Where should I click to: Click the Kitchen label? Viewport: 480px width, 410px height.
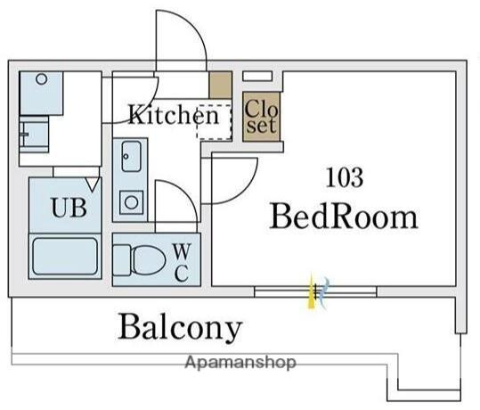point(174,115)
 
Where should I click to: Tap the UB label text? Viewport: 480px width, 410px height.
point(69,208)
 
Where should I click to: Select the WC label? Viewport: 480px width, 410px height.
point(182,262)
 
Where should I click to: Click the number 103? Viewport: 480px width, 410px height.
point(345,177)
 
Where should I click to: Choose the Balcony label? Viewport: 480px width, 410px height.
point(180,327)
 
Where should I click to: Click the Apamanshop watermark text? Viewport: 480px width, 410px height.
point(240,363)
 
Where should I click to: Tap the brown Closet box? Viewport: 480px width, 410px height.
point(262,117)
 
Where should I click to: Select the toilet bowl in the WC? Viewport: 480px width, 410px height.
point(149,260)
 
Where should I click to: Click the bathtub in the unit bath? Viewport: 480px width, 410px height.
point(65,256)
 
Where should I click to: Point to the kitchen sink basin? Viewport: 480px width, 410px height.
point(132,156)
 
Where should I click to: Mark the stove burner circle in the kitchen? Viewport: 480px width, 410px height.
point(132,202)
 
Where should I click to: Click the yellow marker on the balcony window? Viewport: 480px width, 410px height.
point(312,291)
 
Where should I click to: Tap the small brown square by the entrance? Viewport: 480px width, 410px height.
point(221,85)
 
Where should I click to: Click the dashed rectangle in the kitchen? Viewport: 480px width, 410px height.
point(214,122)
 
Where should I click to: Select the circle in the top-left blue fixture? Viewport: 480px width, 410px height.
point(42,79)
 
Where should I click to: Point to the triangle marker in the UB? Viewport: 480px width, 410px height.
point(93,184)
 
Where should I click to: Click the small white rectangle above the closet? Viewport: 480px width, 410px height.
point(257,77)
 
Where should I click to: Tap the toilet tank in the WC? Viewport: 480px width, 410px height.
point(121,260)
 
